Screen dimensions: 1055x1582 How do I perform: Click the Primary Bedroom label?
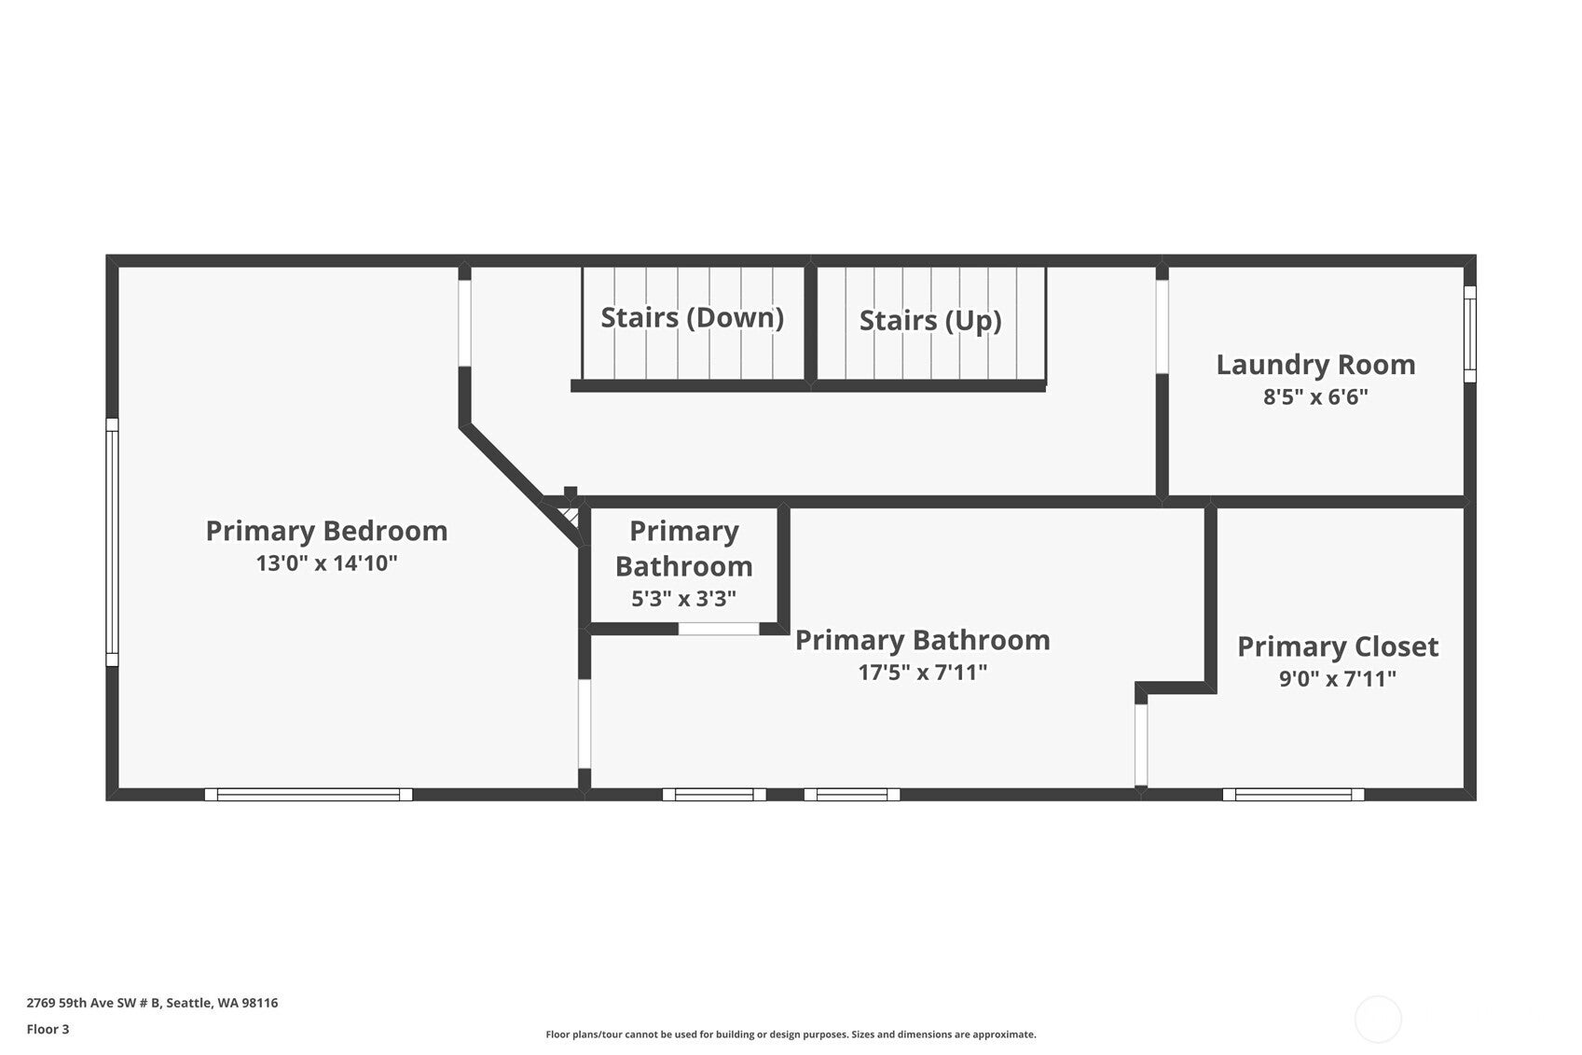tap(326, 531)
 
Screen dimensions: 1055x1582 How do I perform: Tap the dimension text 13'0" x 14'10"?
tap(326, 563)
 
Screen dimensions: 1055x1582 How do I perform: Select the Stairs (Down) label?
tap(692, 317)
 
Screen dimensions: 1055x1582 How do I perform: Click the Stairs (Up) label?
tap(929, 320)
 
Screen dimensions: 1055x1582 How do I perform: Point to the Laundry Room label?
tap(1315, 364)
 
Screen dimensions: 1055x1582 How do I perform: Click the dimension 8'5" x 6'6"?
tap(1315, 397)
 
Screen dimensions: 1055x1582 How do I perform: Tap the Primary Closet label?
tap(1337, 645)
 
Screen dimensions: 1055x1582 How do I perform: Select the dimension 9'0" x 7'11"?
tap(1337, 678)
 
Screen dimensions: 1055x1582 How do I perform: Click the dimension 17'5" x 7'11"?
tap(922, 672)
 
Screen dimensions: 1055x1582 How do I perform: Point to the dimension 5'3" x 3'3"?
tap(683, 599)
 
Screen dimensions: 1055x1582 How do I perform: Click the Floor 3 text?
tap(48, 1030)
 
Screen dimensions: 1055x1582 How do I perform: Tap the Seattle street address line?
tap(152, 1003)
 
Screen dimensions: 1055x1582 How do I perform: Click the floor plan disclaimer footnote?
tap(791, 1034)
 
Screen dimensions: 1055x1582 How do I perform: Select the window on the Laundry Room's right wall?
tap(1470, 333)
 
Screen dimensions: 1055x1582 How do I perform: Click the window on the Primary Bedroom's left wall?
tap(112, 542)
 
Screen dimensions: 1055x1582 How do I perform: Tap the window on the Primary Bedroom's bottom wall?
tap(309, 795)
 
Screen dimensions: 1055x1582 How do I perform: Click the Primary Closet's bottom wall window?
tap(1293, 795)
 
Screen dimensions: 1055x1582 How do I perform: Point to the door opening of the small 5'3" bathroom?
tap(718, 629)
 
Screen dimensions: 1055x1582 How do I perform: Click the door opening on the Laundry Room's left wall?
tap(1162, 326)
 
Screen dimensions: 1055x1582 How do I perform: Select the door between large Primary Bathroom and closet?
tap(1141, 744)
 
